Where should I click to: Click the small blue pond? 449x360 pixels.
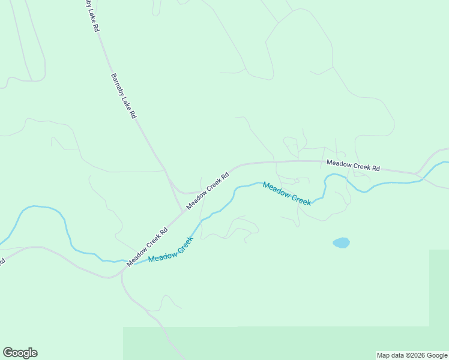tap(341, 242)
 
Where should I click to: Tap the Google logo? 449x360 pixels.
tap(20, 353)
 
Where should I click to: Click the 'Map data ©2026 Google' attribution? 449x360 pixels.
tap(412, 355)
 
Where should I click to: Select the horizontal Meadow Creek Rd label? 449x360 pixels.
tap(353, 165)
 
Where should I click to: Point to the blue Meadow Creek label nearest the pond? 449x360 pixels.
tap(287, 194)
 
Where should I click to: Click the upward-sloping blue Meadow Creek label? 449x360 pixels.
tap(171, 250)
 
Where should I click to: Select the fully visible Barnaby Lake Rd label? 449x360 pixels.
tap(124, 96)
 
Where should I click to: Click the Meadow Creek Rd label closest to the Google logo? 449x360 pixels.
tap(147, 247)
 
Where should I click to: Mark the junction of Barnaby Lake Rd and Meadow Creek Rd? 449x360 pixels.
tap(183, 211)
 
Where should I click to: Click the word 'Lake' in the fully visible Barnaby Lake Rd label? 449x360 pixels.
tap(125, 98)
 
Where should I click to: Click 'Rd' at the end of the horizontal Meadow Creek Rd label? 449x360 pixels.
tap(376, 168)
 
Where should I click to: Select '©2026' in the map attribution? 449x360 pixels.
tap(415, 355)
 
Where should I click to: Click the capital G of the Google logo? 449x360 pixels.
tap(8, 353)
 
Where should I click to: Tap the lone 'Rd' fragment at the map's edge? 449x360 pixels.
tap(2, 262)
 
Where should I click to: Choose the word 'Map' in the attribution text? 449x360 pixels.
tap(383, 355)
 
